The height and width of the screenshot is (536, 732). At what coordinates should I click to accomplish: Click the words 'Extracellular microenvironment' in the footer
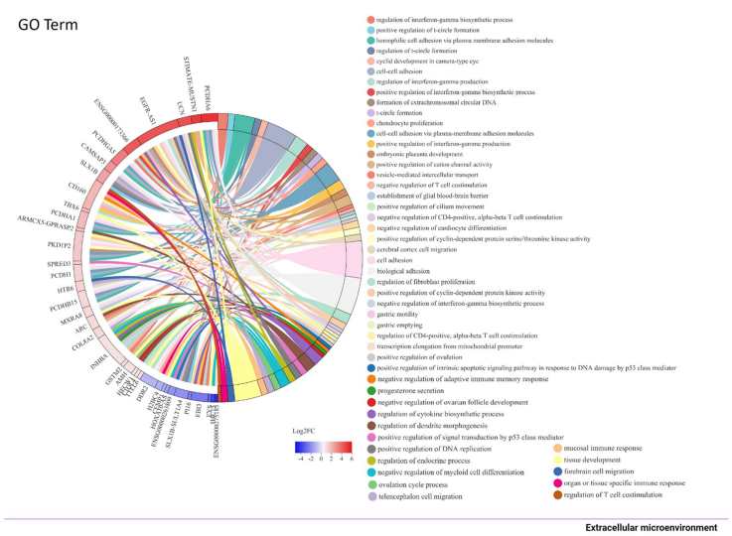(x=651, y=527)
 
